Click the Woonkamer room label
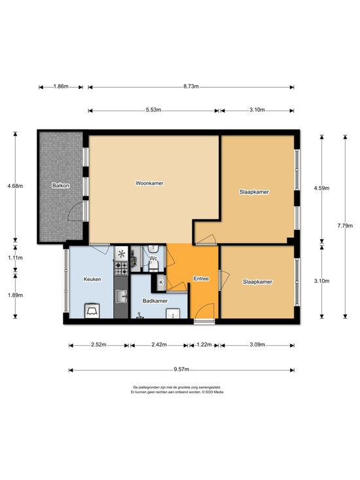[149, 183]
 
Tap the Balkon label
[61, 185]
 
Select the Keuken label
[92, 279]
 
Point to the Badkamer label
[155, 301]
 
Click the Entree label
[201, 278]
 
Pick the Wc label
[153, 259]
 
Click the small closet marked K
[161, 282]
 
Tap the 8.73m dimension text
[191, 86]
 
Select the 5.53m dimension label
[154, 110]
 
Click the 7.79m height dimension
[345, 226]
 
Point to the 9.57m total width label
[181, 369]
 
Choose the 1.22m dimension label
[204, 344]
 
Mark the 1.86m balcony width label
[61, 86]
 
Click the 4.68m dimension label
[15, 186]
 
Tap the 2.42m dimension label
[159, 344]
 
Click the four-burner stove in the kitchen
[121, 268]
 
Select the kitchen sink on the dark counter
[121, 297]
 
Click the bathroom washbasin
[173, 314]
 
